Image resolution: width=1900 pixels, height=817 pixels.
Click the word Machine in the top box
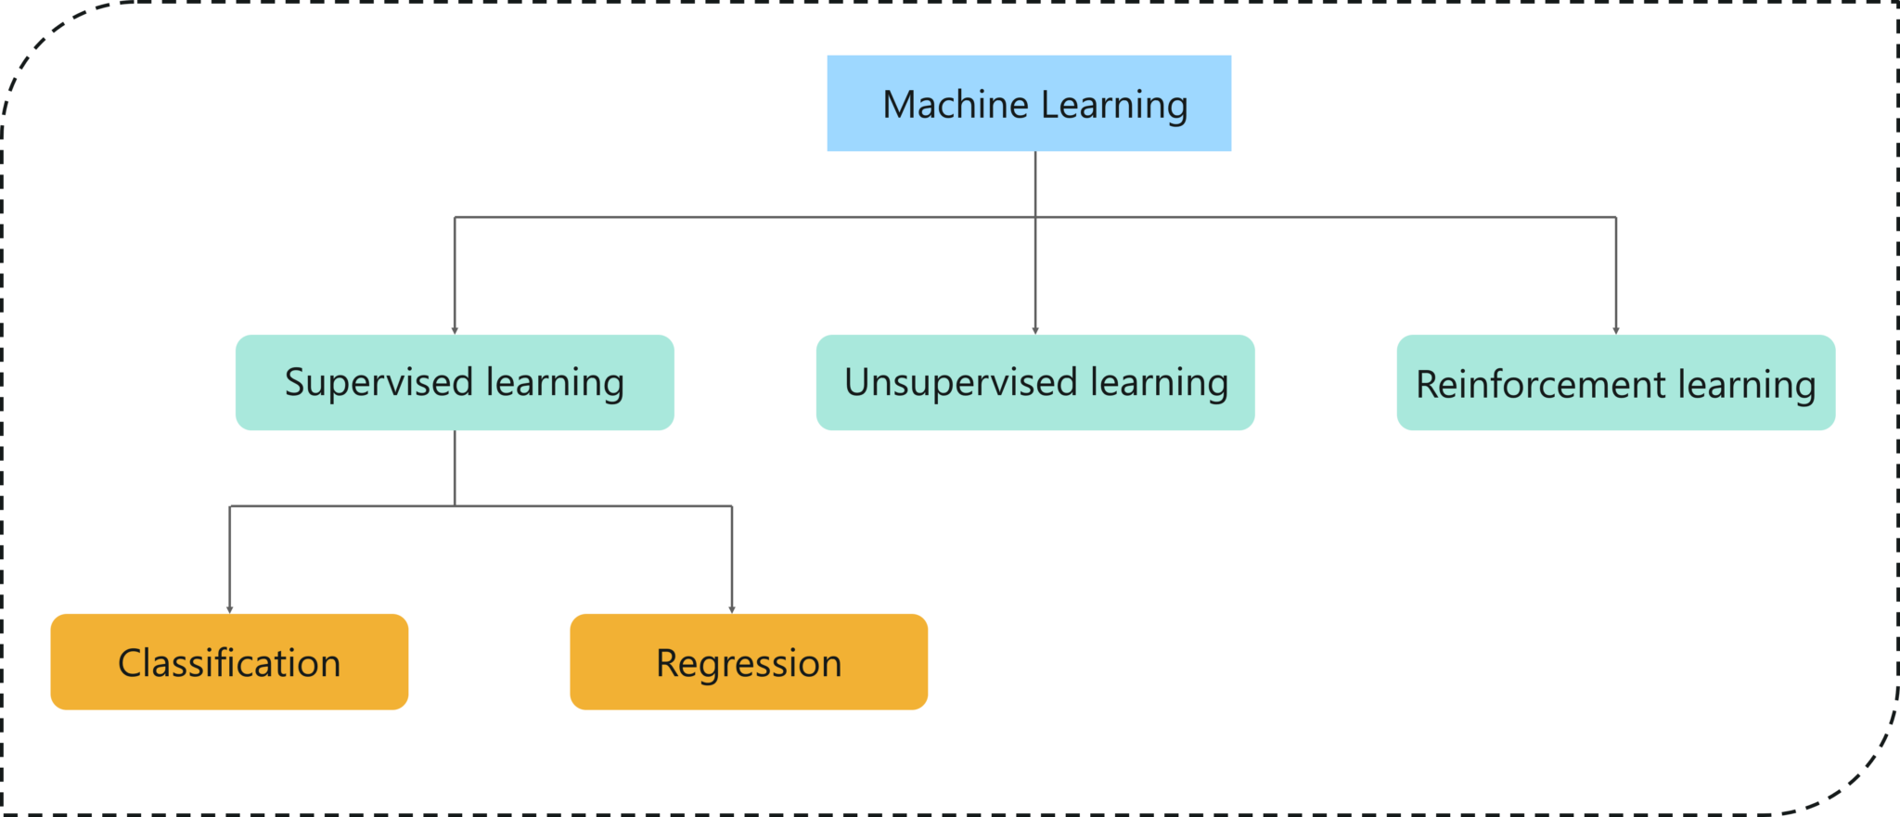(955, 104)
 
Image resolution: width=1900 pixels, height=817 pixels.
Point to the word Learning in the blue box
(1113, 106)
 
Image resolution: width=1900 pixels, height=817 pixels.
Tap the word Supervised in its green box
(379, 383)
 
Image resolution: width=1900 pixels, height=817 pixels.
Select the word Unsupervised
(961, 383)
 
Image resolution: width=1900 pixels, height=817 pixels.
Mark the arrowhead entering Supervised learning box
(455, 329)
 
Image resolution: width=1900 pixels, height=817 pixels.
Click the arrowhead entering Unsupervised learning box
(1035, 329)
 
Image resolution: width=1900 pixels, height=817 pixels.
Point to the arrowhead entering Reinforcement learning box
(1615, 329)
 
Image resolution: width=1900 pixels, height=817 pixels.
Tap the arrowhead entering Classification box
(229, 608)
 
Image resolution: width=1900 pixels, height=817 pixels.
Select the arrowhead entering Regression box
(732, 608)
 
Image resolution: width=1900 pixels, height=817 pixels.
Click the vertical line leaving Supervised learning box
(455, 468)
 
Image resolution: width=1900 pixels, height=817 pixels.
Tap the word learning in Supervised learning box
(555, 383)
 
